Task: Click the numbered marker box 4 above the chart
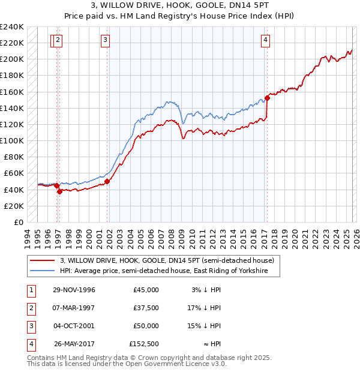point(265,40)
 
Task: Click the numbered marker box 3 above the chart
point(105,40)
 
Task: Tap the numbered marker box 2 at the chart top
point(58,40)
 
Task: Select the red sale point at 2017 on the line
point(267,98)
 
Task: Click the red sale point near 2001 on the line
point(107,181)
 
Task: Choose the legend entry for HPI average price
point(169,271)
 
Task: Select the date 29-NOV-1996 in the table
point(74,290)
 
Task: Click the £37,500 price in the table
point(146,308)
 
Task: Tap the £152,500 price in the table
point(144,344)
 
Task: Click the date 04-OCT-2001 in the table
point(74,326)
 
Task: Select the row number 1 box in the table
point(31,290)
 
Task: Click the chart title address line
point(179,7)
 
